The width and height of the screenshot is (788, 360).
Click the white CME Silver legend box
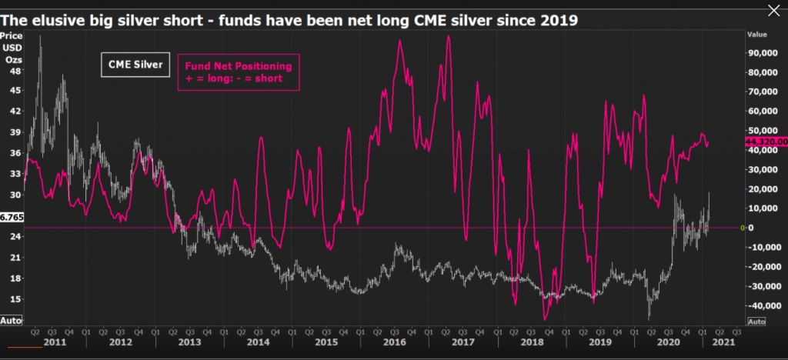tap(135, 65)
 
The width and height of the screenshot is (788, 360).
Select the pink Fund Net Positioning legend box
tap(239, 72)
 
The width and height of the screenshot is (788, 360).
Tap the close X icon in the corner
tap(773, 10)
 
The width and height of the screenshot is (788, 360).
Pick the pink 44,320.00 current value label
tap(766, 142)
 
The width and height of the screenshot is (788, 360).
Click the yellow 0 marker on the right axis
tap(742, 228)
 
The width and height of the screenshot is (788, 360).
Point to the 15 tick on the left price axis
tap(15, 298)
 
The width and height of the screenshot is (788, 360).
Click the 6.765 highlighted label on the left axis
tap(12, 218)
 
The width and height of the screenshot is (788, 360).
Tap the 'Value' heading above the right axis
tap(758, 34)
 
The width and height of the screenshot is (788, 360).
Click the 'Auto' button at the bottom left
tap(11, 319)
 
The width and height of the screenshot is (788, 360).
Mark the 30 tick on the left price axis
tap(15, 195)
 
